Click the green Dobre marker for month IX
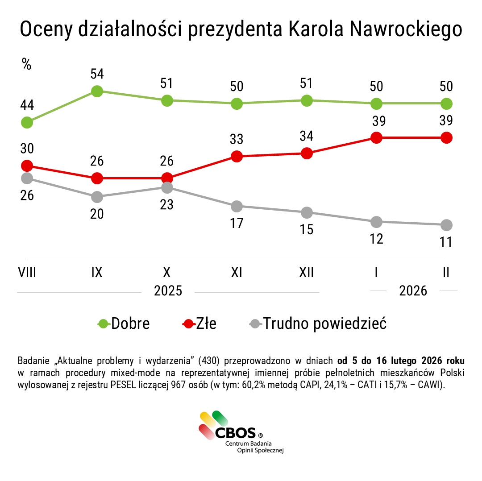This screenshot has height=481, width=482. pyautogui.click(x=97, y=91)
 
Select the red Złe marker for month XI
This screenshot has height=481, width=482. pyautogui.click(x=237, y=156)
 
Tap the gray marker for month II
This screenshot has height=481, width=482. pyautogui.click(x=446, y=224)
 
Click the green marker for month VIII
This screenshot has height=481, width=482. pyautogui.click(x=27, y=122)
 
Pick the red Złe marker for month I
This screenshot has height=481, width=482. pyautogui.click(x=376, y=137)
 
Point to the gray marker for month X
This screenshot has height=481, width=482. pyautogui.click(x=167, y=187)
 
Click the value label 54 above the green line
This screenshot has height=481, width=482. pyautogui.click(x=97, y=74)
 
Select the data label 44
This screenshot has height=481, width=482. pyautogui.click(x=27, y=105)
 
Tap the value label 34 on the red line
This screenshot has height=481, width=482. pyautogui.click(x=307, y=136)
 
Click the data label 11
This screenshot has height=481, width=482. pyautogui.click(x=446, y=242)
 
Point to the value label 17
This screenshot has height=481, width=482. pyautogui.click(x=237, y=223)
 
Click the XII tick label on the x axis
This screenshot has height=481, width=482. pyautogui.click(x=307, y=272)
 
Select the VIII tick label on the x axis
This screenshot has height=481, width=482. pyautogui.click(x=27, y=272)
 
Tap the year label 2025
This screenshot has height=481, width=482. pyautogui.click(x=168, y=291)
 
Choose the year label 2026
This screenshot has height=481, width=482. pyautogui.click(x=413, y=291)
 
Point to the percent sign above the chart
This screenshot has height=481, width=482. pyautogui.click(x=27, y=64)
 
